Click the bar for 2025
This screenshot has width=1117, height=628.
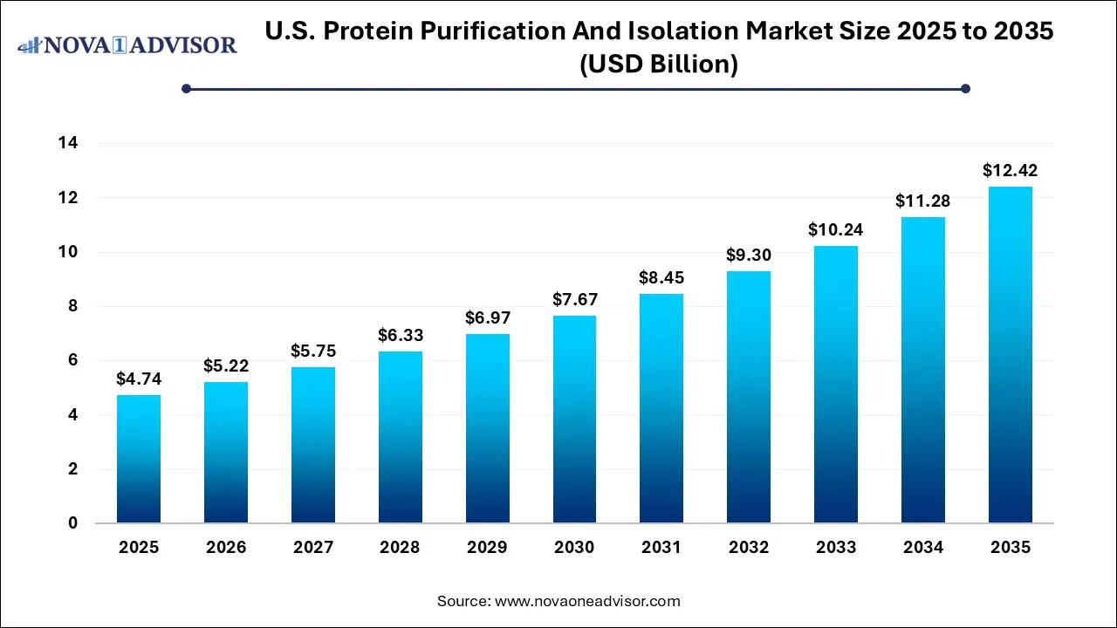139,459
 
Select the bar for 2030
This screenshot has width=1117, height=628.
574,420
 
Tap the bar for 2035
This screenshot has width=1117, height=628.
1011,355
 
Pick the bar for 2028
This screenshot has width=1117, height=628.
400,437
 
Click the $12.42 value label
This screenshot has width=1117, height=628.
1011,171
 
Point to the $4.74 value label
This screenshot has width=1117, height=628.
139,379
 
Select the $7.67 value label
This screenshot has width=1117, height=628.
574,300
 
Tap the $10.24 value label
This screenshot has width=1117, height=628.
836,230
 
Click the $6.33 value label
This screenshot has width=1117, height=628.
400,336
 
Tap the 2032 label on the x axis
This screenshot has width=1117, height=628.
749,548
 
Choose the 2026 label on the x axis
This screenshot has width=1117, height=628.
225,548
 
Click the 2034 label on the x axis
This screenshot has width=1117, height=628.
923,548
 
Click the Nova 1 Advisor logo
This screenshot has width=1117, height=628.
127,44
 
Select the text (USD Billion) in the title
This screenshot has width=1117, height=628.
659,64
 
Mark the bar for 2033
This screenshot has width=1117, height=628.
836,385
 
